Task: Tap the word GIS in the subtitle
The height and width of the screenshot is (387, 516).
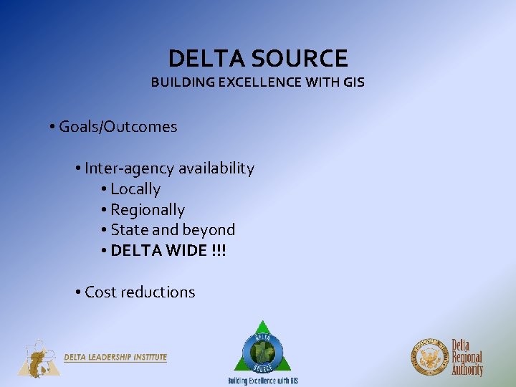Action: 353,82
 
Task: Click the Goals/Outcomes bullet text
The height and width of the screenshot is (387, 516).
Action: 118,127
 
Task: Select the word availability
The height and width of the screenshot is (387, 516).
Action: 216,168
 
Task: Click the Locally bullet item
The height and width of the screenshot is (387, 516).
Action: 135,189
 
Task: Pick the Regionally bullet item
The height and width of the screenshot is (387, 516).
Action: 147,210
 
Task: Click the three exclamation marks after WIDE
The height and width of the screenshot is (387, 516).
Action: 218,251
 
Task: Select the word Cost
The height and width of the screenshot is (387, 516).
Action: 100,292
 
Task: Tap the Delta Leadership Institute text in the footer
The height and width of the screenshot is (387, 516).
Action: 115,357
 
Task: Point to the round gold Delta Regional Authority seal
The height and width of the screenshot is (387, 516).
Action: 429,357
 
